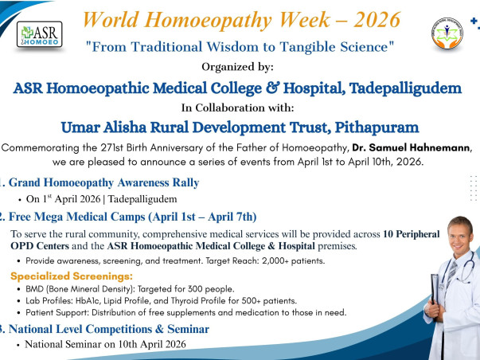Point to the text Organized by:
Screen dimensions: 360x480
240,68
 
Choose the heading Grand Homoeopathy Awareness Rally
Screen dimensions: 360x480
104,182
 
